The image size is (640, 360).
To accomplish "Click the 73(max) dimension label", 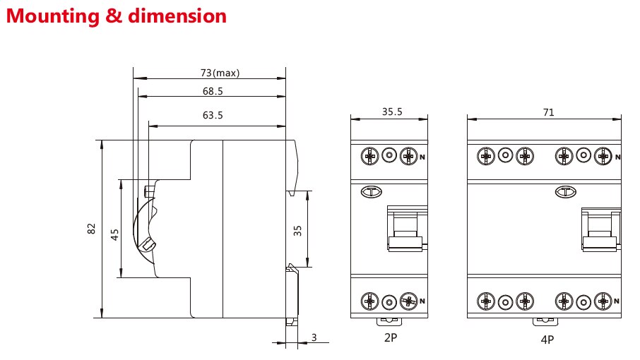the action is (220, 73).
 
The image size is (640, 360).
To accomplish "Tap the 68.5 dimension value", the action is (213, 91).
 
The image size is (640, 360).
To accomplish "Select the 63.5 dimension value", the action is (213, 115).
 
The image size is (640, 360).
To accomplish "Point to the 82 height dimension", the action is (91, 228).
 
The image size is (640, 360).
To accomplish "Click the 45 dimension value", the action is (114, 234).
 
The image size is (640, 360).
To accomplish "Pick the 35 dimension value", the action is (297, 231).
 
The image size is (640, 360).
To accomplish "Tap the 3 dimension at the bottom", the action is (314, 337).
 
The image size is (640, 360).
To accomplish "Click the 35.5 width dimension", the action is (392, 112).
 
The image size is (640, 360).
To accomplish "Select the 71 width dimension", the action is (549, 112).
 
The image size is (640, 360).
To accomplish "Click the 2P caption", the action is (391, 337).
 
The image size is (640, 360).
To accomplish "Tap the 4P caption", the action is (547, 340).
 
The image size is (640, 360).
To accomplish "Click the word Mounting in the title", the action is (53, 17).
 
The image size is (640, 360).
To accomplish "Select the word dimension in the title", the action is (177, 16).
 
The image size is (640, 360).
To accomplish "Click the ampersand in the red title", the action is (114, 16).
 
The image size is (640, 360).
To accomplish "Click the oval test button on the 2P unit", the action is (371, 191).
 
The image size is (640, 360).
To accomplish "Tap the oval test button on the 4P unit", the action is (565, 191).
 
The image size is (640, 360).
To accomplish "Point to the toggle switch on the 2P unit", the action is (406, 228).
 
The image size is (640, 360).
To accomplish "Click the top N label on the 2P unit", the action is (422, 157).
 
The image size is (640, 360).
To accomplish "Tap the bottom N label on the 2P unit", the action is (422, 301).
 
